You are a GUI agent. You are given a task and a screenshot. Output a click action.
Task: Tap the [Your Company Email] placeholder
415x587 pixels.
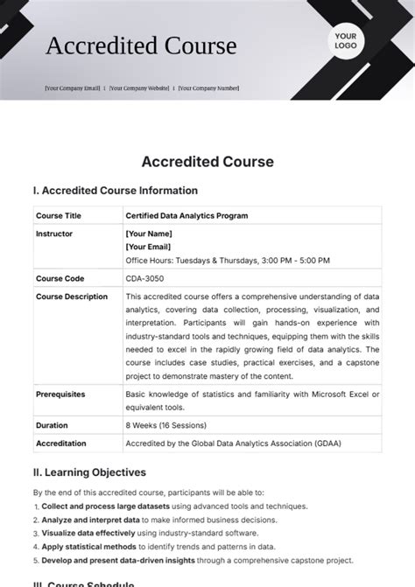coord(72,87)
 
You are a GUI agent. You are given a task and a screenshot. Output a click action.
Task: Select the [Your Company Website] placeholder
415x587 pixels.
coord(138,87)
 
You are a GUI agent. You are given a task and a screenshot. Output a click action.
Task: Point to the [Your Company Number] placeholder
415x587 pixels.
coord(208,87)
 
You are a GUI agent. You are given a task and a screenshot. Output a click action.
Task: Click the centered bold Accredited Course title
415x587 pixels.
coord(207,162)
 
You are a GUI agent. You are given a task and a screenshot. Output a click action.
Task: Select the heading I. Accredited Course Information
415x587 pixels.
coord(116,191)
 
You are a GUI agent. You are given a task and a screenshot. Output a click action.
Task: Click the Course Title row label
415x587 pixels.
coord(58,215)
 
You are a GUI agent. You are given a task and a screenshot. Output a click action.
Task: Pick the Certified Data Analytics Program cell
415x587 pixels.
coord(186,215)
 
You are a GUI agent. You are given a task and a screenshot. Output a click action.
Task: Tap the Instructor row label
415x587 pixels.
coord(54,234)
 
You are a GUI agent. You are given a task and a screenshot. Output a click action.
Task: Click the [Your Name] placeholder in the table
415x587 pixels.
coord(149,234)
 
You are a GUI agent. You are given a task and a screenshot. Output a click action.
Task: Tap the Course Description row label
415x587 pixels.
coord(72,297)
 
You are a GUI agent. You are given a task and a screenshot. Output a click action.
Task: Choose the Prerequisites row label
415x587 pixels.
coord(60,395)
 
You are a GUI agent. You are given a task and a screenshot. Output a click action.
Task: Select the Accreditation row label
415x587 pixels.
coord(61,444)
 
